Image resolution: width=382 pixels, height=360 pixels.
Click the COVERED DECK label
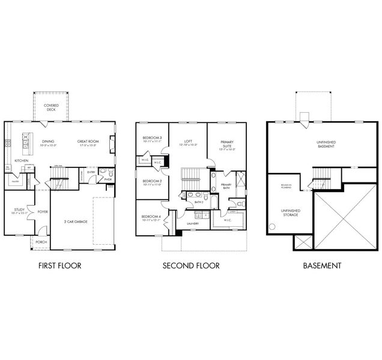(51, 107)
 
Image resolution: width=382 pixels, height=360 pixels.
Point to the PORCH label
(41, 242)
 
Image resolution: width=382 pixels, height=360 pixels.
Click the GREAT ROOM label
(88, 143)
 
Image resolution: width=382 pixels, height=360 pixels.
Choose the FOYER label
(43, 211)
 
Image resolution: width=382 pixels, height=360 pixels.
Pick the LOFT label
(187, 143)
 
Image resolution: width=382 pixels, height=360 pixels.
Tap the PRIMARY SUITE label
(226, 144)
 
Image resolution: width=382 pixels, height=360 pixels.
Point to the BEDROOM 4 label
(150, 218)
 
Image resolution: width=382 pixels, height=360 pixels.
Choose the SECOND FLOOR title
(191, 265)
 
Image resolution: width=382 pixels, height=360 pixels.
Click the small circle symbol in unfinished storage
(271, 227)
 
